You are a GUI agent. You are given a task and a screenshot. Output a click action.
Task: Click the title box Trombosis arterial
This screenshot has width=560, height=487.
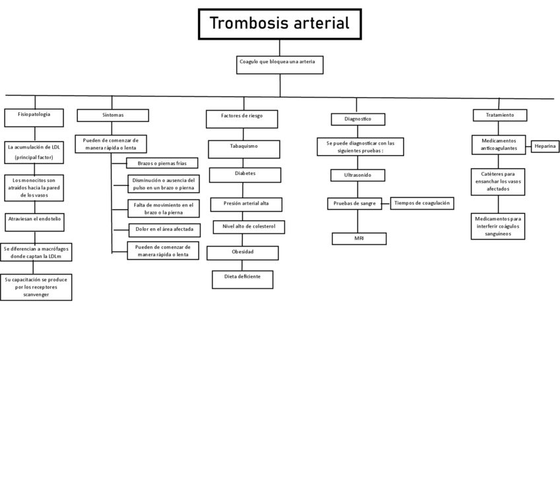(x=279, y=24)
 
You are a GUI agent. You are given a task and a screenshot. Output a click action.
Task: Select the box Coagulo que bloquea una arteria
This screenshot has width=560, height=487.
(x=280, y=65)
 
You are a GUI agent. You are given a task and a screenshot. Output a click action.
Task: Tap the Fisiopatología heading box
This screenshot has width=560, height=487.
(x=35, y=117)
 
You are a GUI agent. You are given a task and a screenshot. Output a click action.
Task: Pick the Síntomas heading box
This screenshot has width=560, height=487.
(x=112, y=115)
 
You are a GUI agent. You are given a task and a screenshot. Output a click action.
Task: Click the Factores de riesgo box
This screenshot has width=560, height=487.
(x=242, y=119)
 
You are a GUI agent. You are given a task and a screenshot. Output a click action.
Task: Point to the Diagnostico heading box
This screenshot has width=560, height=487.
(x=358, y=119)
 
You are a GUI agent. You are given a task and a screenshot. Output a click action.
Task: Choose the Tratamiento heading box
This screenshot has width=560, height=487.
(x=499, y=115)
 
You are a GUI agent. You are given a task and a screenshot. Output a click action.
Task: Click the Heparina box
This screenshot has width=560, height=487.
(x=545, y=146)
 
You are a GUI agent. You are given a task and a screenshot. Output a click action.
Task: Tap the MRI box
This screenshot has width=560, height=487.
(x=359, y=238)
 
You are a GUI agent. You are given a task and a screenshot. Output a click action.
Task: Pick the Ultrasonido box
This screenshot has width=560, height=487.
(x=357, y=176)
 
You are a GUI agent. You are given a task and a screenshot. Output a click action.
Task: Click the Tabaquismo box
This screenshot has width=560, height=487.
(x=244, y=149)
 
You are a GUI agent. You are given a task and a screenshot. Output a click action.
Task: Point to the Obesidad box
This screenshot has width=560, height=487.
(x=242, y=253)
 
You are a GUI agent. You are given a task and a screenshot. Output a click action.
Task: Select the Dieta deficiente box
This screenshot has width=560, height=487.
(x=242, y=279)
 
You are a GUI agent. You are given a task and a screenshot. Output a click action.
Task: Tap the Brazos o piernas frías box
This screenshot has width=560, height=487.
(x=162, y=163)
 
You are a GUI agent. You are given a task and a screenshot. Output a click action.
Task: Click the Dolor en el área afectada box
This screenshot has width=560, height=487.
(x=163, y=230)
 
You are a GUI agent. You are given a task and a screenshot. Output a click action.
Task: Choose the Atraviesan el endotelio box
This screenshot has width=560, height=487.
(x=34, y=222)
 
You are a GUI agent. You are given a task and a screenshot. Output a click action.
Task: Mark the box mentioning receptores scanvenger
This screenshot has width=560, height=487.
(x=36, y=288)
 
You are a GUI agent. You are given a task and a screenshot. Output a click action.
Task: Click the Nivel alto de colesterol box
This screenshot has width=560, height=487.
(x=249, y=227)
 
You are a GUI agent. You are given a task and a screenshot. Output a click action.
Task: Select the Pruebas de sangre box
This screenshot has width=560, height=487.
(x=355, y=204)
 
